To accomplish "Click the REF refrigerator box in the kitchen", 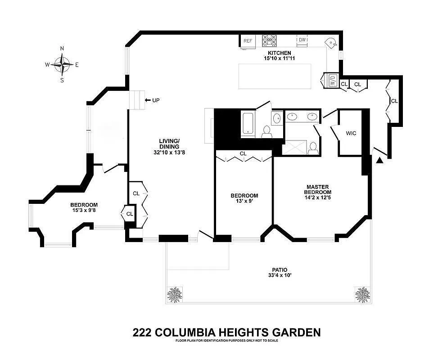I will coord(248,40).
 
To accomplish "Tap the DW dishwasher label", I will coord(303,40).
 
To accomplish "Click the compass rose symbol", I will coord(62,64).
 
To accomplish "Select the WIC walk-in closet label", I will coord(351,134).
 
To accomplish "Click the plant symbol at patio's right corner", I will coord(362,295).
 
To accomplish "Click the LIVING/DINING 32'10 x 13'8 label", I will coord(169,147).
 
